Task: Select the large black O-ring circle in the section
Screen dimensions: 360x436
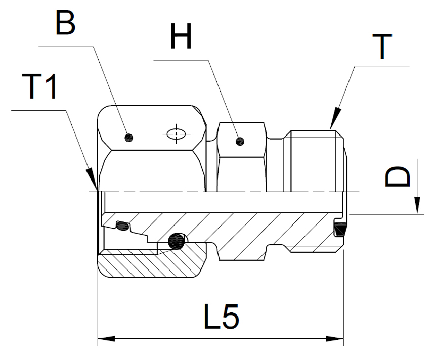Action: click(176, 241)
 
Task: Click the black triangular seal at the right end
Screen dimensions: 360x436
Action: click(339, 229)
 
